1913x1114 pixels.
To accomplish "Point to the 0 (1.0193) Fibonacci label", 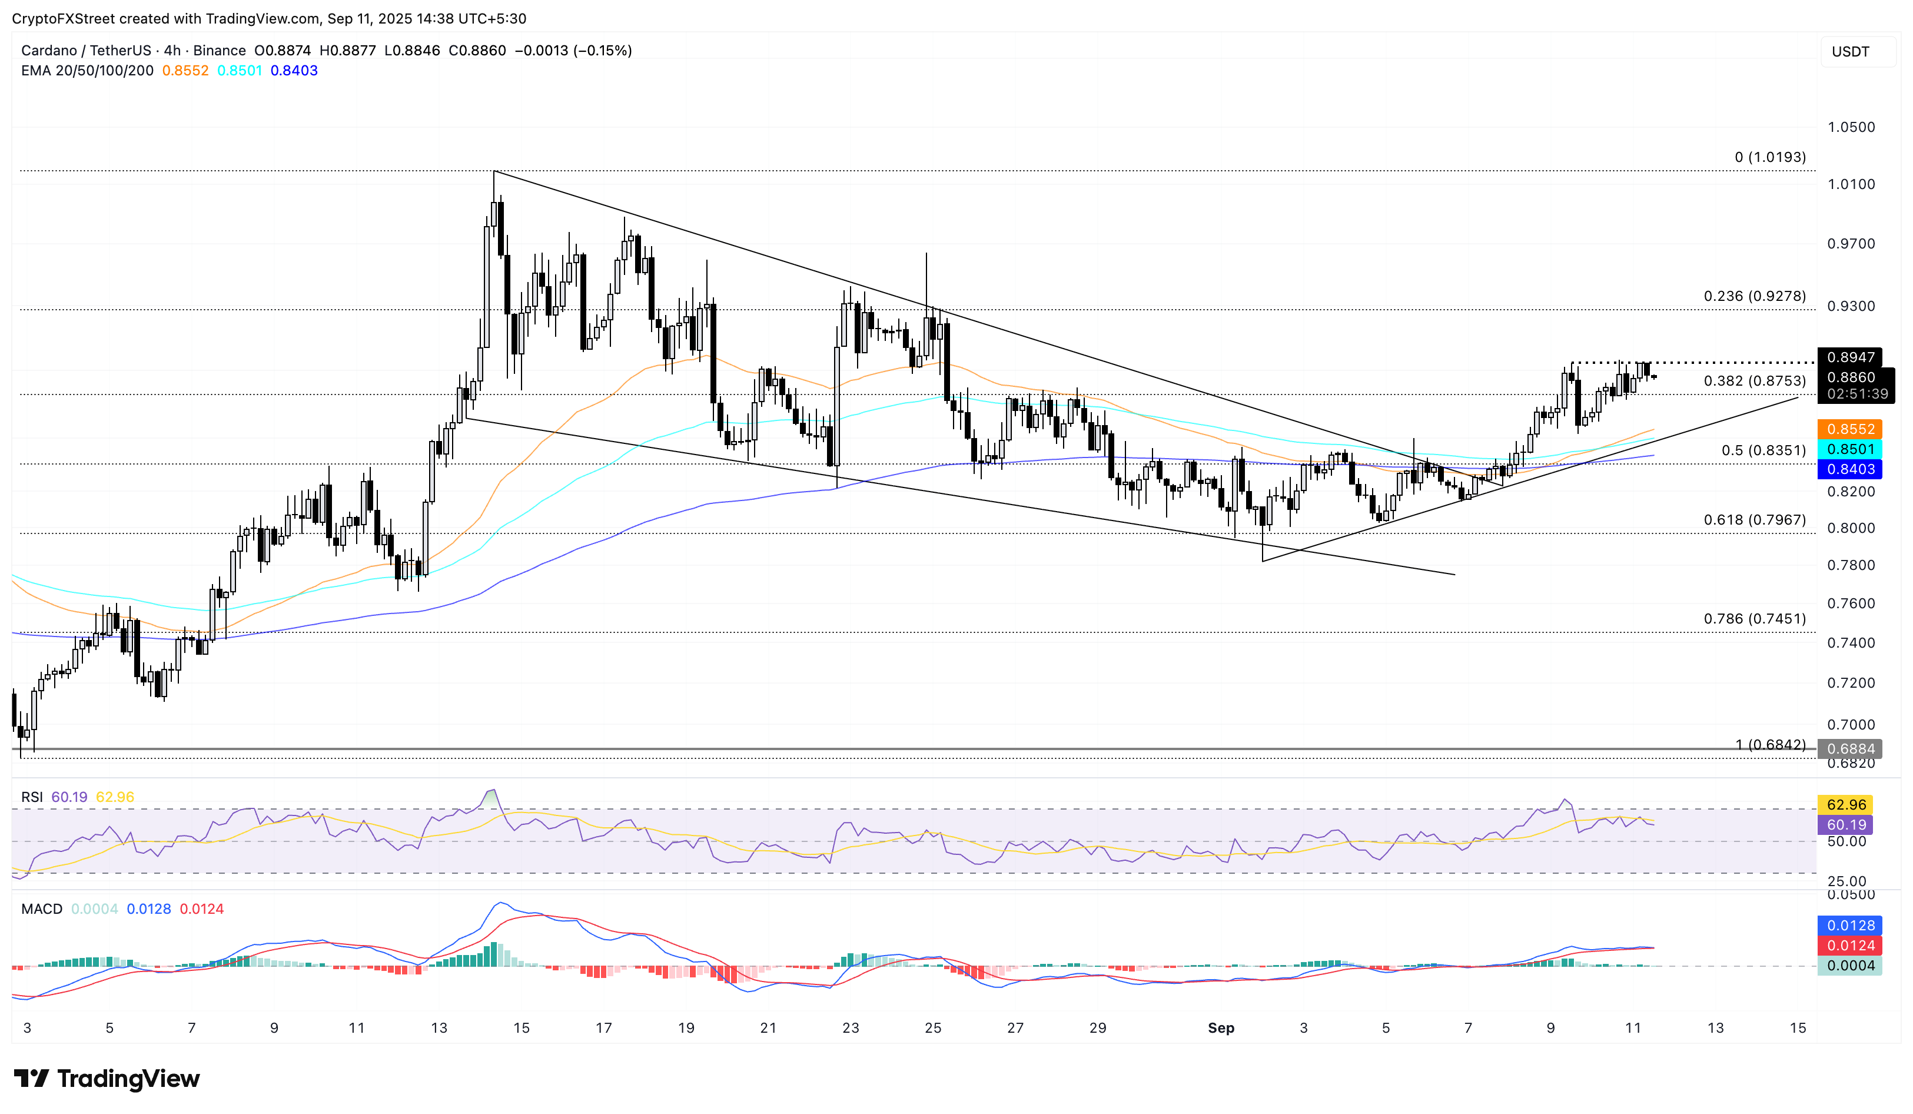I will click(x=1769, y=157).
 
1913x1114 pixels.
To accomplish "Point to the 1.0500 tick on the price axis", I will click(x=1851, y=127).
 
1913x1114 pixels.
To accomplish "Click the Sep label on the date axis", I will click(x=1221, y=1027).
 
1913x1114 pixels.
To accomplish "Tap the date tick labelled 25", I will click(x=933, y=1027).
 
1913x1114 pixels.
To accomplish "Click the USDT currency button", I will click(x=1850, y=52).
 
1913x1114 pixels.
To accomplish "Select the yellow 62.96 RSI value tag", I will click(x=1846, y=804).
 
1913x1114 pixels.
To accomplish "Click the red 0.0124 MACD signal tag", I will click(x=1851, y=946).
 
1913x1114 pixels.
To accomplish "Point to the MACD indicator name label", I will click(x=42, y=909).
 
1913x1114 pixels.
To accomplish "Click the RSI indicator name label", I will click(x=32, y=797).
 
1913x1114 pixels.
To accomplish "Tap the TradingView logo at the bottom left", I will click(x=107, y=1078).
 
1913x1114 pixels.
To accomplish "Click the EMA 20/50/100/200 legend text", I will click(x=87, y=71).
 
